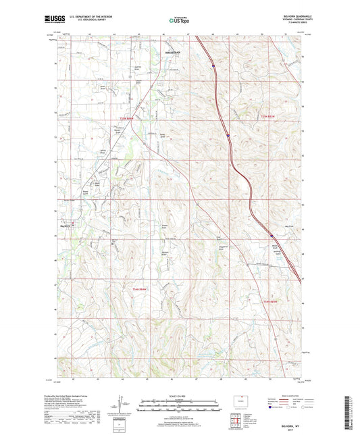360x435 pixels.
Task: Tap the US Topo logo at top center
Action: click(x=178, y=21)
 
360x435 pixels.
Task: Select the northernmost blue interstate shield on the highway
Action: click(x=212, y=66)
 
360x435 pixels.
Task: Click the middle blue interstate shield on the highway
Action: click(x=228, y=134)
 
